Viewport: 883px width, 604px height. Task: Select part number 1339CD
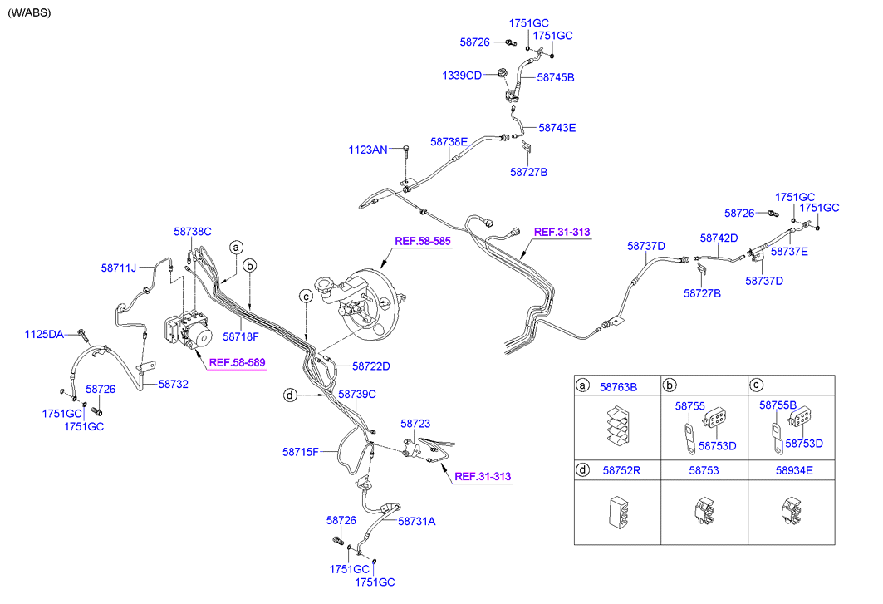coord(462,76)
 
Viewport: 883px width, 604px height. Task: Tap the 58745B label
coord(556,77)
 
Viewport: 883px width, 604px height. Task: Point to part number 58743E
coord(557,128)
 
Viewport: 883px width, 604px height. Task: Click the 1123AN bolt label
coord(368,150)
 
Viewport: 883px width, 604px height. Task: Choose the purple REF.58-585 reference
coord(423,241)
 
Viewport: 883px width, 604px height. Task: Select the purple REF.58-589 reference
coord(237,362)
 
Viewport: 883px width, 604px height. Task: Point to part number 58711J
coord(120,268)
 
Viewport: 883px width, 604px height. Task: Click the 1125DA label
coord(44,335)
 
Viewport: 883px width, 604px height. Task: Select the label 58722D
coord(370,366)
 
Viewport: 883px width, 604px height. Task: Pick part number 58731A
coord(417,521)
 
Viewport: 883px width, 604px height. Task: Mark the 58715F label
coord(301,452)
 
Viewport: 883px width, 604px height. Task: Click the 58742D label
coord(719,238)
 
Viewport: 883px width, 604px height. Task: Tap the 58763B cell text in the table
coord(618,387)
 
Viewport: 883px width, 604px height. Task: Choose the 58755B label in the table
coord(778,405)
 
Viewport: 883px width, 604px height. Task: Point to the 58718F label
coord(241,337)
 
